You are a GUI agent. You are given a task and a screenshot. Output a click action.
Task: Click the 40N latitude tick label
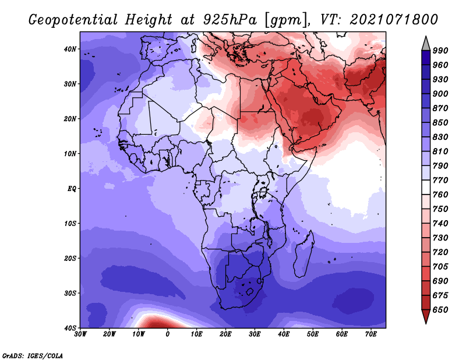tap(70, 49)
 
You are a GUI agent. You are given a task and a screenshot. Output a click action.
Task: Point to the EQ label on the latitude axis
tap(72, 189)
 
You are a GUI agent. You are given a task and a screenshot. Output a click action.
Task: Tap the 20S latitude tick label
tap(70, 258)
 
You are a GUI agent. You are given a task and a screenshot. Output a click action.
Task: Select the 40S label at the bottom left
tap(70, 328)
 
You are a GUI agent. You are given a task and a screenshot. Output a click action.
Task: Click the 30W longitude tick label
tap(80, 334)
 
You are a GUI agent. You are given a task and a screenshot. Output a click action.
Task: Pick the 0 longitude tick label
tap(168, 334)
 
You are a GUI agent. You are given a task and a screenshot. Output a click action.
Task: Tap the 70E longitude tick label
tap(371, 334)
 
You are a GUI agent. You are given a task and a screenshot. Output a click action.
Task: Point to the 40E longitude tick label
tap(284, 334)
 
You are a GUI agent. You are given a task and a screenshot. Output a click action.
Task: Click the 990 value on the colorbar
tap(440, 51)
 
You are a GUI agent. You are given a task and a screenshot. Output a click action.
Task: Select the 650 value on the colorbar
tap(440, 310)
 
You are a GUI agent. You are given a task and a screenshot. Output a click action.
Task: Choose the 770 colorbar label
tap(440, 180)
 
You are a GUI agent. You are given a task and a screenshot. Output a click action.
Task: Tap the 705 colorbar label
tap(440, 267)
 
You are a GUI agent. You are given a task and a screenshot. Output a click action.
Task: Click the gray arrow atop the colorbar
tap(426, 45)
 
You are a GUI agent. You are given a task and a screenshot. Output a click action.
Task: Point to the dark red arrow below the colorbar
tap(426, 316)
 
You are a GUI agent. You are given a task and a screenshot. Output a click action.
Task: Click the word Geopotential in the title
tap(73, 20)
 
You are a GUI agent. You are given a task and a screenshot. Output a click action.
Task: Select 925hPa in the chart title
tap(230, 20)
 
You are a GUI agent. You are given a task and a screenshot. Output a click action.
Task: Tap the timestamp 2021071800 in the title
tap(394, 20)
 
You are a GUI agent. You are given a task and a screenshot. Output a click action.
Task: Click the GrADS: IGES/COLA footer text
tap(33, 356)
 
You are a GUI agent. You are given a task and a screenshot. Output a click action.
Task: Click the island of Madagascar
tap(303, 256)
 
